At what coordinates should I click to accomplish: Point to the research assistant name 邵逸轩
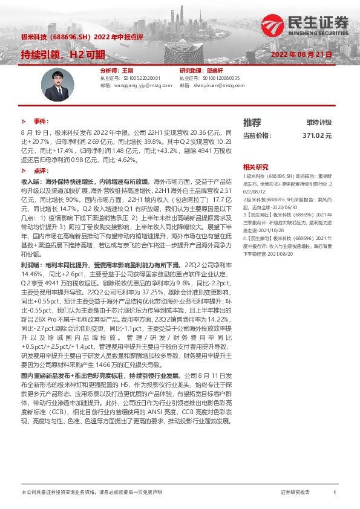[214, 71]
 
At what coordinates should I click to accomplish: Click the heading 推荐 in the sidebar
[252, 122]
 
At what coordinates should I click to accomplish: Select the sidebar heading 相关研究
[255, 166]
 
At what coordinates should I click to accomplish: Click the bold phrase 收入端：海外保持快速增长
[59, 181]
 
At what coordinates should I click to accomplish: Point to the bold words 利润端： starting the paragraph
[30, 265]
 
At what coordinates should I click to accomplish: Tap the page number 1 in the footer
[335, 493]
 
